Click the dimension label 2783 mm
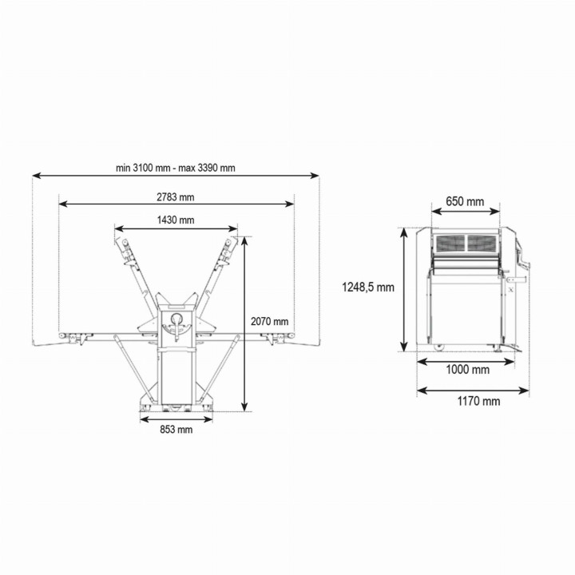[x=176, y=196]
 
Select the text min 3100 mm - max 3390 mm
[x=176, y=168]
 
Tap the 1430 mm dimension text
[x=176, y=220]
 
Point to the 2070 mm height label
[x=269, y=321]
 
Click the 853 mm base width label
[x=176, y=430]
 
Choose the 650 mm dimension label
[x=465, y=201]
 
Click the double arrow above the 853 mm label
[x=176, y=418]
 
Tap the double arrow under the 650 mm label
[x=466, y=212]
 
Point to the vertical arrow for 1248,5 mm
[x=405, y=289]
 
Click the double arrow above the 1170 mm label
[x=473, y=391]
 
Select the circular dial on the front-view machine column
[x=176, y=320]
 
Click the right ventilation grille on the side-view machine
[x=482, y=243]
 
